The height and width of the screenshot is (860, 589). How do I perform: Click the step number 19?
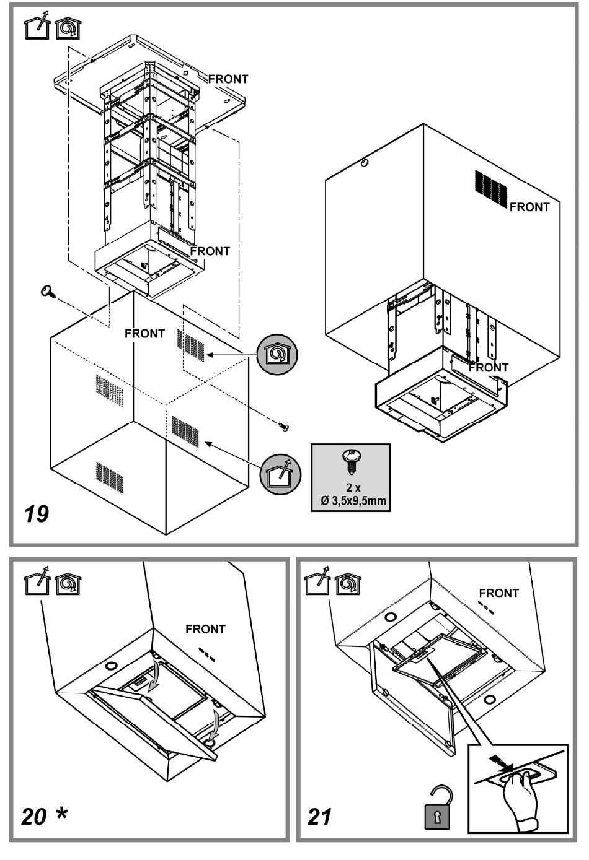coord(37,513)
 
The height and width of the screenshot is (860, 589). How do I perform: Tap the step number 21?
coord(320,817)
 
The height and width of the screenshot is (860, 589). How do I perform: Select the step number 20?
coord(34,817)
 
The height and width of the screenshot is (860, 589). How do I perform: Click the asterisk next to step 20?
coord(61,814)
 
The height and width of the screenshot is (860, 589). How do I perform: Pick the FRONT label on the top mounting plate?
coord(228,79)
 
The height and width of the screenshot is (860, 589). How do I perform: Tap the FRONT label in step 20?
coord(205,629)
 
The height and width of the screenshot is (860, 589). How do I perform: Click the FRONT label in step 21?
coord(498,593)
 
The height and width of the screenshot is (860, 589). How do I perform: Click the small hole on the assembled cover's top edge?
coord(364,163)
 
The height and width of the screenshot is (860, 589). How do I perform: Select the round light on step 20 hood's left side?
coord(111,666)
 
